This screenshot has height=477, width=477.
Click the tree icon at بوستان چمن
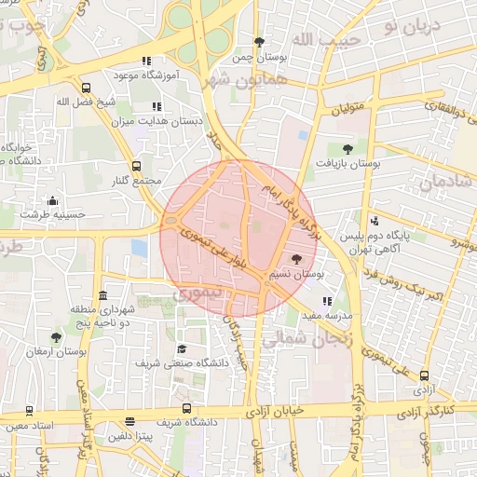click(259, 42)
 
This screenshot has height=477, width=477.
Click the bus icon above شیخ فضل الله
click(86, 86)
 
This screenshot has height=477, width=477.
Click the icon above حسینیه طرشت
click(52, 200)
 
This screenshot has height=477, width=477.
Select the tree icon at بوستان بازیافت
click(348, 148)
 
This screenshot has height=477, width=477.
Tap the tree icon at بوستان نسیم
click(297, 260)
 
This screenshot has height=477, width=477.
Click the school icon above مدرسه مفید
click(326, 301)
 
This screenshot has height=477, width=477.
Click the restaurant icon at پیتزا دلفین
click(129, 422)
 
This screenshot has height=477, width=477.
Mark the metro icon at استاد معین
click(29, 411)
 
